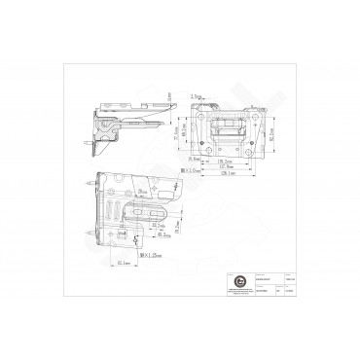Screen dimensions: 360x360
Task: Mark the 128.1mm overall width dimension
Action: pyautogui.click(x=226, y=174)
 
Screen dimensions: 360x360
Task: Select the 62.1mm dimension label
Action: pyautogui.click(x=123, y=264)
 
